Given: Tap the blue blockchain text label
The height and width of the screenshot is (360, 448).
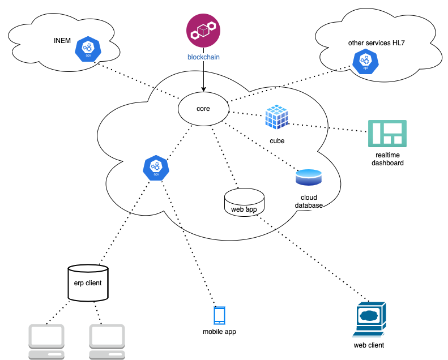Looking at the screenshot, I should point(203,57).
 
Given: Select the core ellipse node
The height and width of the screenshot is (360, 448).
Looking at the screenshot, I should point(203,108).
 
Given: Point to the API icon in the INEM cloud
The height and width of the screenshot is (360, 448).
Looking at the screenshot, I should point(88,50).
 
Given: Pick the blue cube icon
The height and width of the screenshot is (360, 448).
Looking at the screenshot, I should point(276,117).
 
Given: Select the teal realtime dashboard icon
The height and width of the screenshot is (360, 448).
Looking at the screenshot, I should point(387,134).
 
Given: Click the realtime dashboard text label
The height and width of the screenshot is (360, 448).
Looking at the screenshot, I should point(387,158).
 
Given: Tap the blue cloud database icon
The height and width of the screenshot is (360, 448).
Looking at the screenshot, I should point(309,178).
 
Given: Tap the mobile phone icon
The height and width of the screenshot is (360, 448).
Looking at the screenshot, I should point(219,315).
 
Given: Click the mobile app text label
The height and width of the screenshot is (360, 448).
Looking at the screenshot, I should point(219,332).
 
